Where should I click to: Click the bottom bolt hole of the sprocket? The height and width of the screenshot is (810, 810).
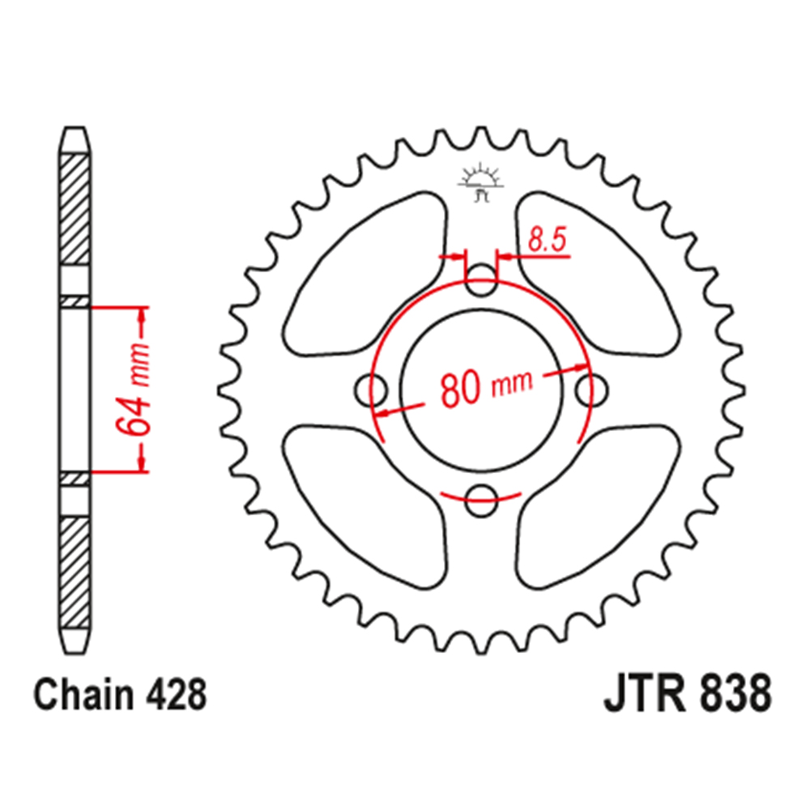coord(481,500)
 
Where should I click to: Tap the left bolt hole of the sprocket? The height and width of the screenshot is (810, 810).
coord(373,390)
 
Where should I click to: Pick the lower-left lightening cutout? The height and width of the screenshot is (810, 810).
coord(364,502)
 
